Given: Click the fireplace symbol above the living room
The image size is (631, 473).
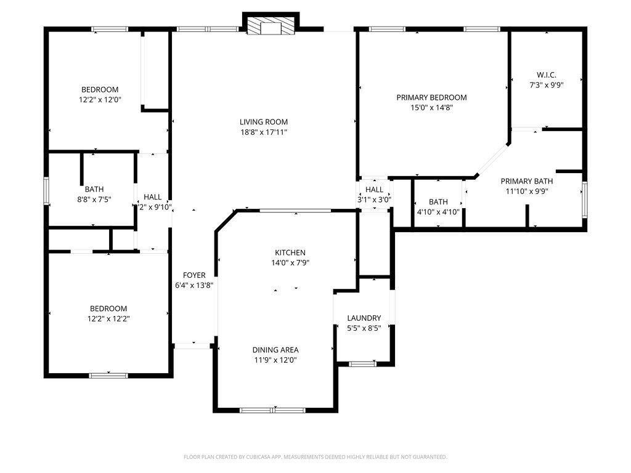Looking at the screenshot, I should pos(270,26).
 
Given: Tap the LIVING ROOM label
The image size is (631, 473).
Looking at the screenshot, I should pos(264,122).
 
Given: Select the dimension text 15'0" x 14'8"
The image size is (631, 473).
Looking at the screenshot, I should pos(431,107).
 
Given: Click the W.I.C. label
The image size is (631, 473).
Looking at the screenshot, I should pos(547,75).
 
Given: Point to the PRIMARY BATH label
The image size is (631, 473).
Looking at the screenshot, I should pos(526,181).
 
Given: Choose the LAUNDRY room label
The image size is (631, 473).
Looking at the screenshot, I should pos(364,318).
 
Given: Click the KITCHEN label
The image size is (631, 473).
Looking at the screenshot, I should pos(290,253).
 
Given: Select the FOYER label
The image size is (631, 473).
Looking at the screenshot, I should pos(194,275).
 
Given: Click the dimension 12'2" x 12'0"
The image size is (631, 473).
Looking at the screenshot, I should pos(100,99).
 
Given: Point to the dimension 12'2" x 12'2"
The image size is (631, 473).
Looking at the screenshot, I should pos(108,318).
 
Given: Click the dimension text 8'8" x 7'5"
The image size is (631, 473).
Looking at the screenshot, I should pos(94,200).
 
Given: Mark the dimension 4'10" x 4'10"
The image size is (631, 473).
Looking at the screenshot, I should pos(438,211).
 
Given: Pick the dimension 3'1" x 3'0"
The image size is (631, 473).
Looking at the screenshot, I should pos(374,200).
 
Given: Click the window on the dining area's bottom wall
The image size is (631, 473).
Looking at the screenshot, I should pos(272,410).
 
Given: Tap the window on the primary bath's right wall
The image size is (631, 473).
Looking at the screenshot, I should pos(584,200).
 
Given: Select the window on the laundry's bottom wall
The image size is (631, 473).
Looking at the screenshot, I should pos(363,364).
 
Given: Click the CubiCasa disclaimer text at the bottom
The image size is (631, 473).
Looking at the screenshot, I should pos(315,457).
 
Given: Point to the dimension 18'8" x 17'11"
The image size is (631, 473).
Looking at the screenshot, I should pos(264,132).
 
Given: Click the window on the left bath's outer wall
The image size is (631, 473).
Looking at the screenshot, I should pos(46,191).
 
